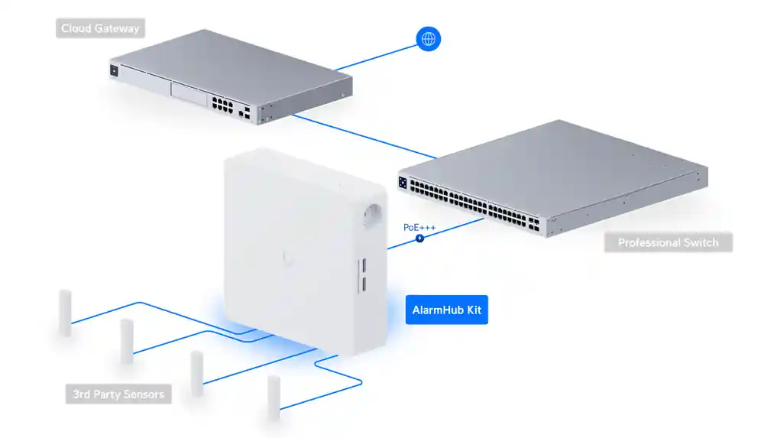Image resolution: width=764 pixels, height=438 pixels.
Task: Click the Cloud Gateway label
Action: pyautogui.click(x=101, y=29)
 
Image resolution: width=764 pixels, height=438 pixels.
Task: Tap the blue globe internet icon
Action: pyautogui.click(x=429, y=39)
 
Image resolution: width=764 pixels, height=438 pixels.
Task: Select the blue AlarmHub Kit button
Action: pyautogui.click(x=446, y=311)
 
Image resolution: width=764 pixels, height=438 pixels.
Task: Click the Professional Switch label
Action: pyautogui.click(x=668, y=242)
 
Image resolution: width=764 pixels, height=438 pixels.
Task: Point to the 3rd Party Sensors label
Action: pyautogui.click(x=118, y=394)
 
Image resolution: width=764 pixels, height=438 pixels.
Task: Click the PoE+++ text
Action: pyautogui.click(x=419, y=227)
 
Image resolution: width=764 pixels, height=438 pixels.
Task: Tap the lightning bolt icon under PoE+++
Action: pyautogui.click(x=419, y=238)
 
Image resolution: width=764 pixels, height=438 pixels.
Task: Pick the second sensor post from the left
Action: pyautogui.click(x=127, y=341)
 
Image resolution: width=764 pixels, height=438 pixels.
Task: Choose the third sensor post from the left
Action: pyautogui.click(x=196, y=372)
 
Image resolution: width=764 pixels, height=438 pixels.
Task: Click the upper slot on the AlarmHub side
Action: pyautogui.click(x=364, y=265)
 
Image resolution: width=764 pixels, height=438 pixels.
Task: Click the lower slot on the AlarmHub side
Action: pyautogui.click(x=364, y=284)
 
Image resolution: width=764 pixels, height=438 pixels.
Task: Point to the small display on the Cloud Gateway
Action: pyautogui.click(x=115, y=71)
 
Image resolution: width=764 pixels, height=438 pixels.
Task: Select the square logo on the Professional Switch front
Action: pyautogui.click(x=403, y=183)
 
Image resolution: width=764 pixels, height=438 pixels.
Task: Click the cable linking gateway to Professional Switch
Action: pyautogui.click(x=359, y=136)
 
